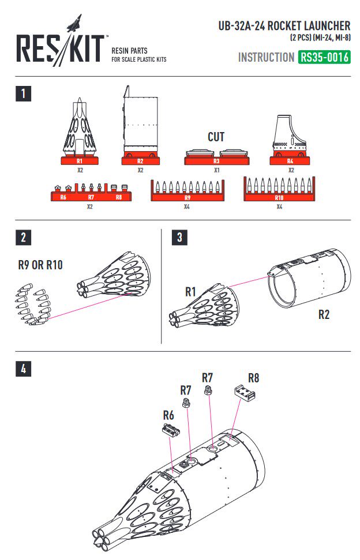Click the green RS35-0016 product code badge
[324, 58]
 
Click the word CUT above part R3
[216, 137]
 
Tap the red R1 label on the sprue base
[80, 161]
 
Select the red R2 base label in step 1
[140, 161]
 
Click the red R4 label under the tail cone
[290, 161]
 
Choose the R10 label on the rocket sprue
[279, 197]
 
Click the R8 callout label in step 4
[254, 378]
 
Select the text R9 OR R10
[40, 266]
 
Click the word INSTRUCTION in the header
[266, 58]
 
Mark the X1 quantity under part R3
[216, 171]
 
